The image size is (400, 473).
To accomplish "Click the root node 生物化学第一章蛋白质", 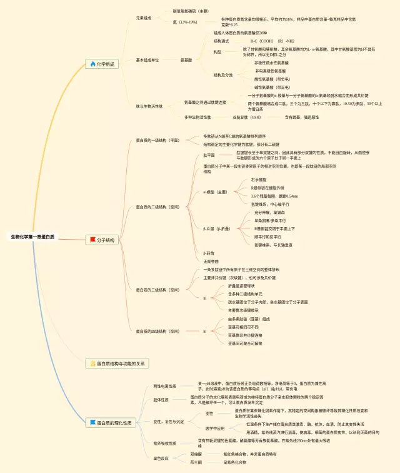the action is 32,237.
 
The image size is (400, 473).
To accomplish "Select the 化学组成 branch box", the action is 102,64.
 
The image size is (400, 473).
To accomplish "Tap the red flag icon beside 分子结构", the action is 93,240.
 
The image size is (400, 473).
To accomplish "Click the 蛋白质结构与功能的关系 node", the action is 118,363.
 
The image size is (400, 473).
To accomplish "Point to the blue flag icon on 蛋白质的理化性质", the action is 93,423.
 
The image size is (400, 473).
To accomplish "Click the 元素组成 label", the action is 144,18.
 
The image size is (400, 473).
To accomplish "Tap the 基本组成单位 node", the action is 147,60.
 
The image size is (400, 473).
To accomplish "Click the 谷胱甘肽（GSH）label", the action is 247,117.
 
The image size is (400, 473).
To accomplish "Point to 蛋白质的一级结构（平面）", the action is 157,140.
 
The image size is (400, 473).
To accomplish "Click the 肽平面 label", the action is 209,155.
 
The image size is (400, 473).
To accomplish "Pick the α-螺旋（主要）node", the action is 215,192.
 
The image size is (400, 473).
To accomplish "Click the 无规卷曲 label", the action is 211,261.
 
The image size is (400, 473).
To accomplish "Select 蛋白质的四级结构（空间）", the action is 157,331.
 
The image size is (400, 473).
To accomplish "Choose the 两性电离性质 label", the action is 165,386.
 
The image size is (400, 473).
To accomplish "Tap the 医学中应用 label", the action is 215,428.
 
